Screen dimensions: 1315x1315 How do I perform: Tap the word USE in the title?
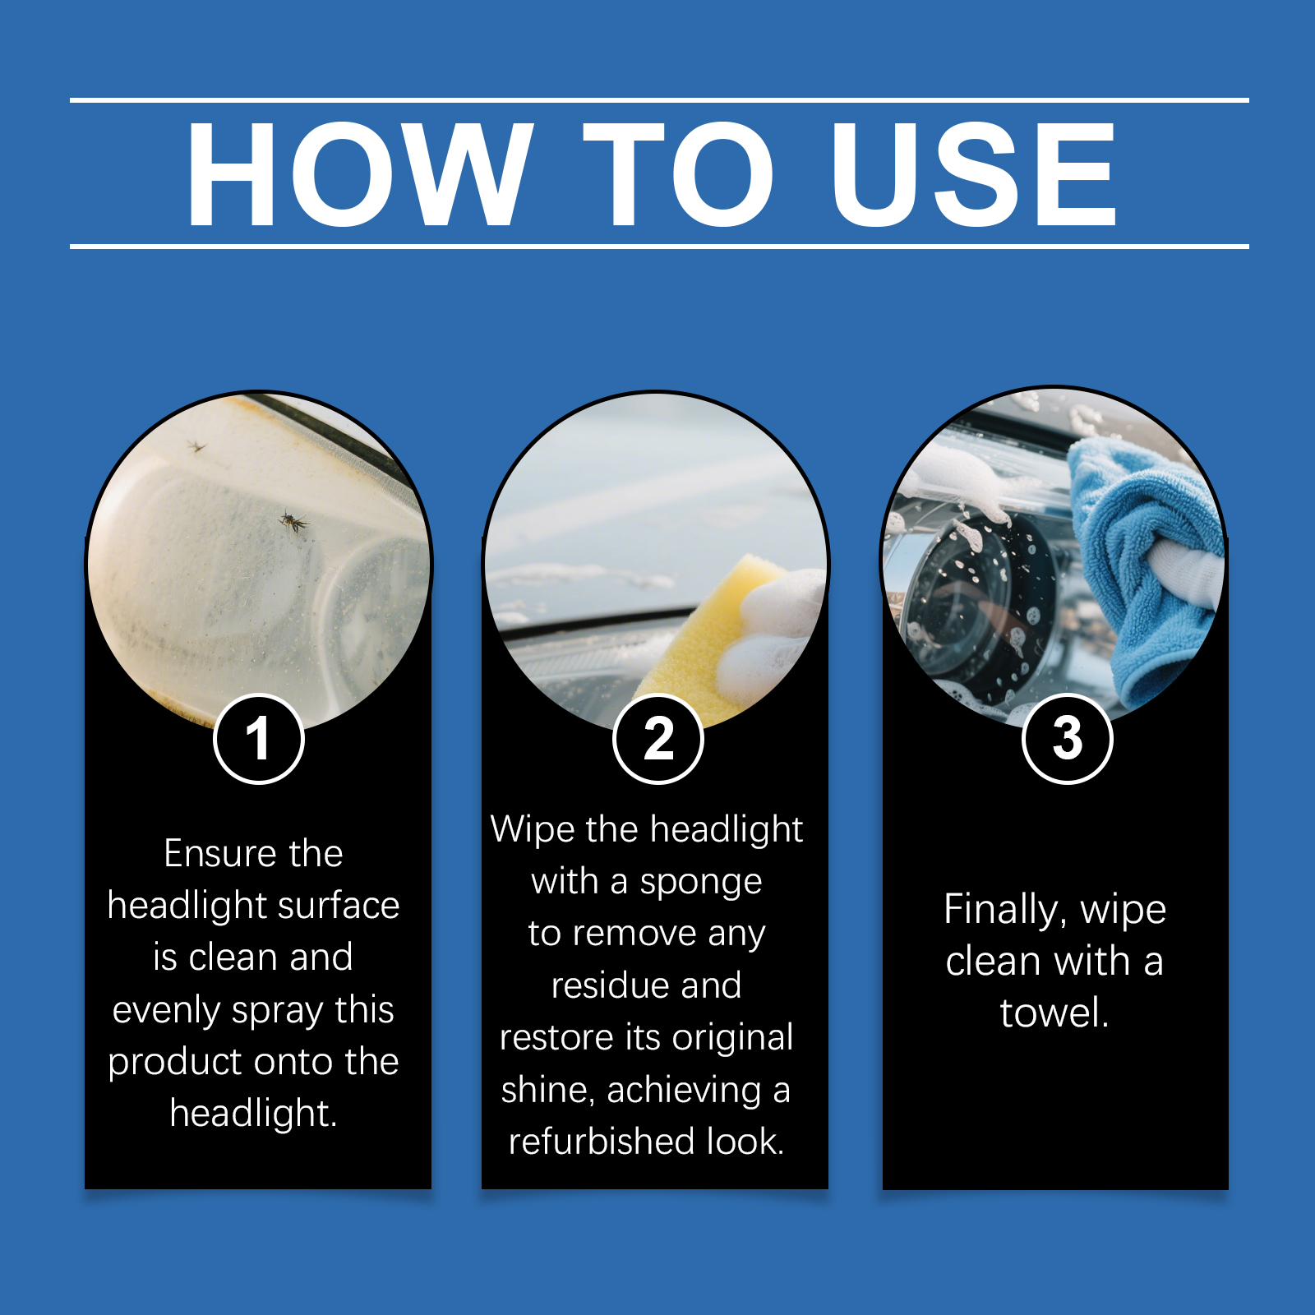973,173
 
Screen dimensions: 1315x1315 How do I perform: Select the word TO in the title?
679,173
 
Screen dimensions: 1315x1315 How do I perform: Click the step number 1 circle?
259,739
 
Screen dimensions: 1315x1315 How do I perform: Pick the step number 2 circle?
658,739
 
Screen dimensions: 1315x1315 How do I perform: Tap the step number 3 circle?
1067,738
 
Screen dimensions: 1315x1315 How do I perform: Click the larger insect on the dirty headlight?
293,520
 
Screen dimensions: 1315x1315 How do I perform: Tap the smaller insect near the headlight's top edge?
196,446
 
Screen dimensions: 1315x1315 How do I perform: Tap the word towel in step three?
1054,1013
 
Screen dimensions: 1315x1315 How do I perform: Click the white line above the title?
659,100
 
